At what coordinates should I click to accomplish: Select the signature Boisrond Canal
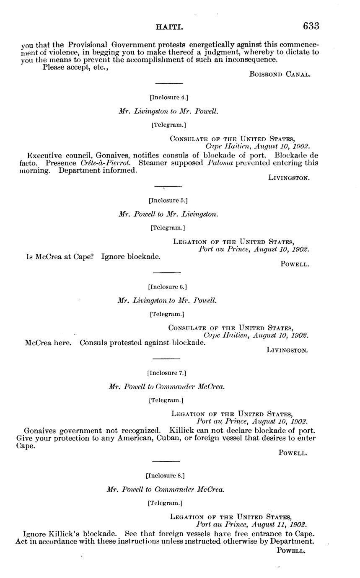point(280,74)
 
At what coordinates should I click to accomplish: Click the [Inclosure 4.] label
point(168,98)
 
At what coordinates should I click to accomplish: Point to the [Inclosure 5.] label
point(168,200)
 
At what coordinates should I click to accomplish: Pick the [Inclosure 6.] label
point(167,287)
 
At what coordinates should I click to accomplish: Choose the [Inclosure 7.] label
point(166,373)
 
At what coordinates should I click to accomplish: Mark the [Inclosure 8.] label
point(165,476)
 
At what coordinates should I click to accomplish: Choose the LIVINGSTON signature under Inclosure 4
point(289,178)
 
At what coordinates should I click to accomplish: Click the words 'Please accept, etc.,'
point(75,67)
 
